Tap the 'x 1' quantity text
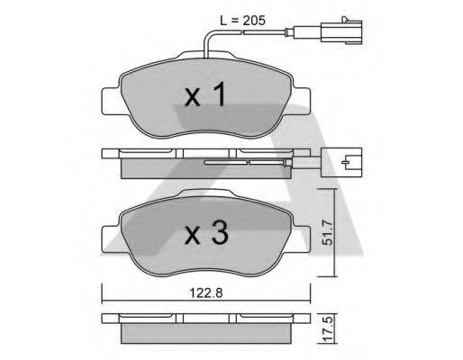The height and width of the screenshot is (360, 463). (204, 96)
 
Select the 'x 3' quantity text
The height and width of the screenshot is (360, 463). (204, 236)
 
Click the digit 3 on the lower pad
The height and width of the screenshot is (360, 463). (218, 236)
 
